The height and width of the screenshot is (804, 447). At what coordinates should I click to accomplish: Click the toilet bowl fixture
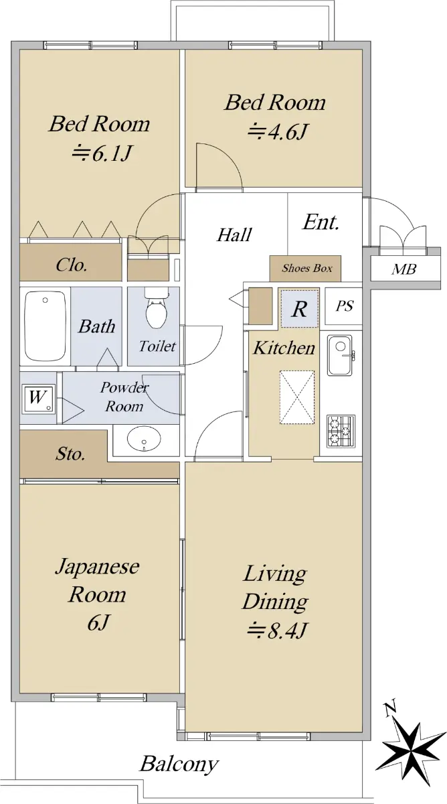click(157, 308)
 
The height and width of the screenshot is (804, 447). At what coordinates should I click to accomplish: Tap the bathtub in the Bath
click(45, 326)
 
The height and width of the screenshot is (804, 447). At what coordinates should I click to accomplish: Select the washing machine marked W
click(38, 399)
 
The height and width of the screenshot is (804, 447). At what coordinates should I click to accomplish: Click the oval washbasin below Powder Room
click(144, 438)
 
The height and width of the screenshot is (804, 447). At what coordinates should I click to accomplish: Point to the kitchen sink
click(340, 355)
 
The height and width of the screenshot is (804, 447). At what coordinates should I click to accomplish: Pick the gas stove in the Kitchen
click(341, 431)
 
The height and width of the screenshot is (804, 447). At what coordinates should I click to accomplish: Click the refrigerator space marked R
click(299, 308)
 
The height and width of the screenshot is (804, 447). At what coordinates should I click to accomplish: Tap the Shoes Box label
click(307, 268)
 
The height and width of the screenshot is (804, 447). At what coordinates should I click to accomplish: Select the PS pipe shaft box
click(343, 306)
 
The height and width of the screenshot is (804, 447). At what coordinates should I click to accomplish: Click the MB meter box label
click(404, 269)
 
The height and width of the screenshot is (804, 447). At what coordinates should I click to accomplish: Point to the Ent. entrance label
click(321, 222)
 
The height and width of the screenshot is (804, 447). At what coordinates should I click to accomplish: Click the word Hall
click(234, 234)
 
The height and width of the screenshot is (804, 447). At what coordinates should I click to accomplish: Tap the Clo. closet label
click(72, 265)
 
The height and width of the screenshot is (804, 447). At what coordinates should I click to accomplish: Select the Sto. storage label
click(70, 454)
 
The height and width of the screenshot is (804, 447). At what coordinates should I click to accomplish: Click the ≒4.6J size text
click(277, 131)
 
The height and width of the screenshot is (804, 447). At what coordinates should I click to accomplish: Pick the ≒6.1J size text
click(102, 153)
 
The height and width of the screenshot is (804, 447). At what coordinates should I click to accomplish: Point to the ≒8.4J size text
click(277, 630)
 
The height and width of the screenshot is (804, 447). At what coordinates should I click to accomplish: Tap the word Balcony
click(179, 764)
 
